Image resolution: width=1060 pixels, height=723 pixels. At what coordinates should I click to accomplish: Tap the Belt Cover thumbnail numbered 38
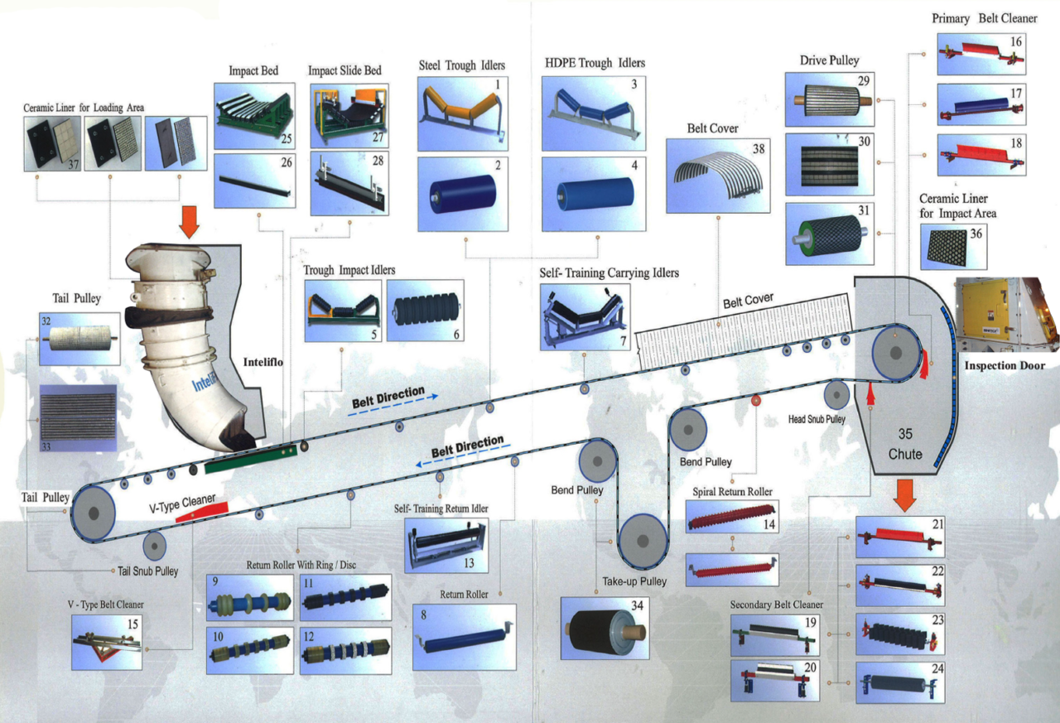(x=716, y=175)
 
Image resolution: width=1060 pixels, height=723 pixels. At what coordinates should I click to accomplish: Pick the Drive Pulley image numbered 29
(x=829, y=99)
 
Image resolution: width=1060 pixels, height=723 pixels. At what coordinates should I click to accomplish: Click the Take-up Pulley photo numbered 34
(x=603, y=628)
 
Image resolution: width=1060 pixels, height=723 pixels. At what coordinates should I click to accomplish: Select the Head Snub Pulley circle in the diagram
(x=836, y=395)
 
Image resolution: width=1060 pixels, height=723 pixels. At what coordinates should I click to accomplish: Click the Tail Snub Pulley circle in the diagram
(x=154, y=547)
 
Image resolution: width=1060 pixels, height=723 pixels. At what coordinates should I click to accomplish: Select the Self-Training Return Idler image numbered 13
(x=446, y=546)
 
